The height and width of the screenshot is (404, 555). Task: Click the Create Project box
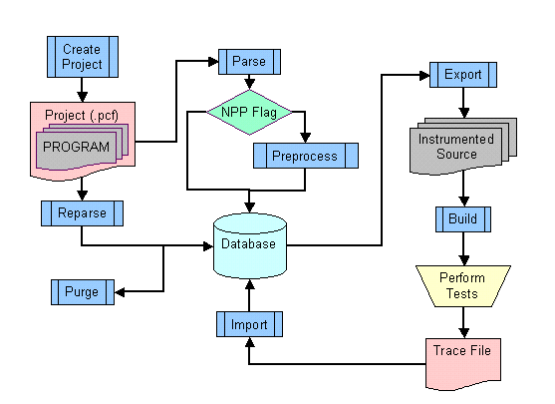tap(83, 57)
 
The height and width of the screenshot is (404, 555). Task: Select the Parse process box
tap(249, 62)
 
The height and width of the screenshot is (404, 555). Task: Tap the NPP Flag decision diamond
tap(249, 113)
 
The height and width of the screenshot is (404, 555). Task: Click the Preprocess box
tap(306, 156)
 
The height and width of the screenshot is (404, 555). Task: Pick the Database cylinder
tap(250, 245)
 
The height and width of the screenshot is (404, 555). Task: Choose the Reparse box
tap(82, 213)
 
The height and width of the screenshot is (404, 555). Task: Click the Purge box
tap(83, 292)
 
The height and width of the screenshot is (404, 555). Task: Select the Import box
tap(249, 324)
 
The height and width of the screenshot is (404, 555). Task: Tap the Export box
tap(463, 75)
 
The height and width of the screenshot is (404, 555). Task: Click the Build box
tap(463, 219)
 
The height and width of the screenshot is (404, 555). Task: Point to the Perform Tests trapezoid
tap(463, 286)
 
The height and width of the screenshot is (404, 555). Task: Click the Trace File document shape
tap(463, 364)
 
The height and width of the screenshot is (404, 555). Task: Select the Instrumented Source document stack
tap(463, 147)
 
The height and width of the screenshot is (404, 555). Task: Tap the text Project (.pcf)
tap(82, 115)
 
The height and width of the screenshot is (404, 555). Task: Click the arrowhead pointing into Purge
tap(120, 292)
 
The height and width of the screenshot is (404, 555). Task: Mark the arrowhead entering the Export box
tap(424, 75)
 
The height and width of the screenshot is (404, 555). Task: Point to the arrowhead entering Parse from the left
tap(213, 62)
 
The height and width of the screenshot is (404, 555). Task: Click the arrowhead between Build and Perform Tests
tap(463, 260)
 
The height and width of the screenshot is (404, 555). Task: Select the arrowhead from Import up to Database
tap(250, 284)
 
